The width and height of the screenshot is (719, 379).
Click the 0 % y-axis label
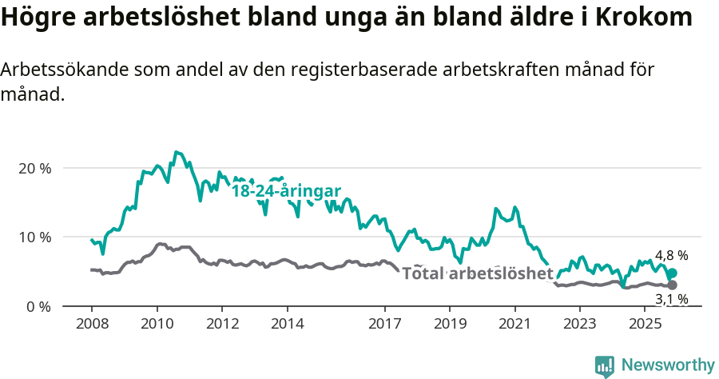(39, 306)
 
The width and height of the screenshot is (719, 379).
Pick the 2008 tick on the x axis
(91, 324)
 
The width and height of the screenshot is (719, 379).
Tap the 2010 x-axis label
(157, 324)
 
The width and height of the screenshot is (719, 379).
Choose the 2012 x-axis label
(222, 324)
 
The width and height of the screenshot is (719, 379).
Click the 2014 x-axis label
(288, 324)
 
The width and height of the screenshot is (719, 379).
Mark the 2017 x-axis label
(385, 324)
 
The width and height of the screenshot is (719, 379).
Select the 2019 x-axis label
(450, 324)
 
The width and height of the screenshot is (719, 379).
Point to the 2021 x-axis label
(515, 324)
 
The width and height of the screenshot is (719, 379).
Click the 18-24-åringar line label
(286, 191)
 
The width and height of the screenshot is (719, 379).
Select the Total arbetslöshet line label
(477, 273)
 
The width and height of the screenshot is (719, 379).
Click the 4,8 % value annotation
(671, 256)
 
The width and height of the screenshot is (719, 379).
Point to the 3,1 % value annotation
(671, 300)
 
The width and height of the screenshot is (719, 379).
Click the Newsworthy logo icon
(605, 365)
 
